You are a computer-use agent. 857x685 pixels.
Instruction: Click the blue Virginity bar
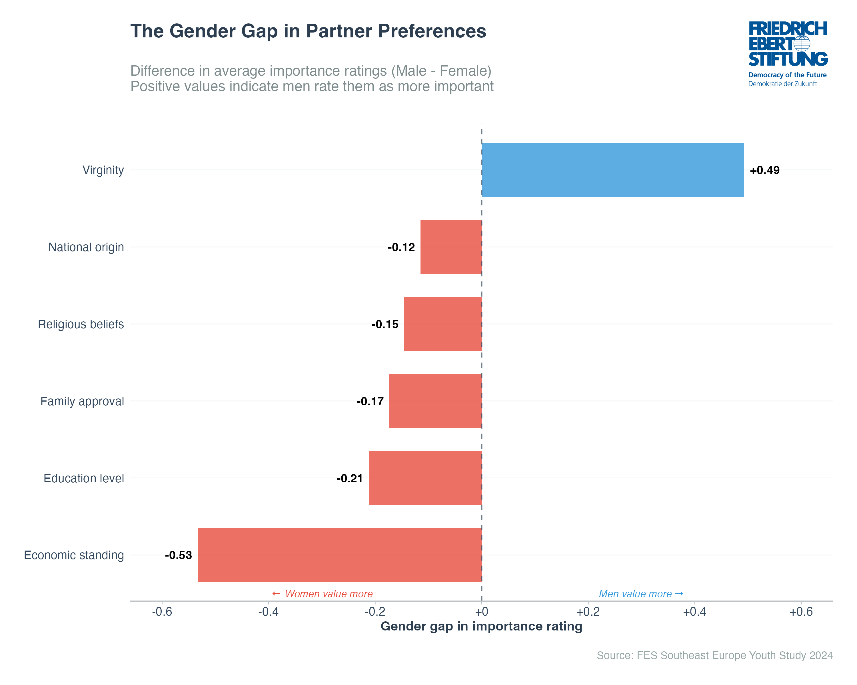612,170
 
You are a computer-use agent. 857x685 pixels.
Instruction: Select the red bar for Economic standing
339,555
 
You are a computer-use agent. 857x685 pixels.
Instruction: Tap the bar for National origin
451,247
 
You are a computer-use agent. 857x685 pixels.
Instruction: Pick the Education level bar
425,478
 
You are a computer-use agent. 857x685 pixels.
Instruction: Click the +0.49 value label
764,170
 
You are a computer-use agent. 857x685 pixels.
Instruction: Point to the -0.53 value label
179,555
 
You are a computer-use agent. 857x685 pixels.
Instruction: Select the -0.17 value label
370,402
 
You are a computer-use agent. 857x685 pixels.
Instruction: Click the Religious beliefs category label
81,325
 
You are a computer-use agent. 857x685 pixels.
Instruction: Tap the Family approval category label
82,402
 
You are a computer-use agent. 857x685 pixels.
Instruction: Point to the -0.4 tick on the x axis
268,612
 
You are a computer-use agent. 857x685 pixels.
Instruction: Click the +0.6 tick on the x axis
801,612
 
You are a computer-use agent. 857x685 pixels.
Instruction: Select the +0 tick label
481,612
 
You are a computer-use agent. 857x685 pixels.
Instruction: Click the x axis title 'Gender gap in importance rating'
481,626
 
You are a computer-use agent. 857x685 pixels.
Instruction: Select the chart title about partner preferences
308,31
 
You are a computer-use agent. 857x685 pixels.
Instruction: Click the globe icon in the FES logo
802,44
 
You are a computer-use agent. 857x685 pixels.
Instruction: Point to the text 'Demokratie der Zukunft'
782,84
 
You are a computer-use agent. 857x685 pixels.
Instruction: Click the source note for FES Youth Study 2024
714,655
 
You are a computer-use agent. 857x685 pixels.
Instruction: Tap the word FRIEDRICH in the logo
787,29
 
